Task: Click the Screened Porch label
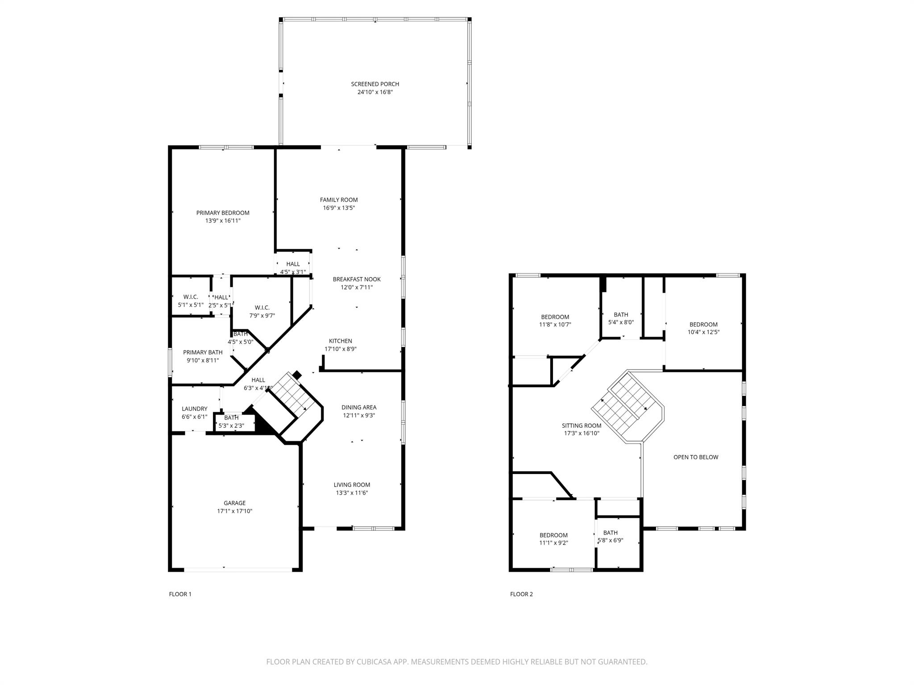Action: [375, 84]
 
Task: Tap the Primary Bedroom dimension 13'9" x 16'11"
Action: [223, 221]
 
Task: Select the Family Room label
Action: [339, 200]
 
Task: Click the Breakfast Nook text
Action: [357, 279]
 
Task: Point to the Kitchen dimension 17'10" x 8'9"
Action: [341, 349]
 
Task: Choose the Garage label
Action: [235, 503]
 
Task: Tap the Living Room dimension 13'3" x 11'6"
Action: [352, 493]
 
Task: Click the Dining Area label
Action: [359, 407]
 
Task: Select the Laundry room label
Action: [195, 409]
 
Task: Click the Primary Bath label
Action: [203, 352]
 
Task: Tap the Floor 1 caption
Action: [180, 594]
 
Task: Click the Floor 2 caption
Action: [521, 594]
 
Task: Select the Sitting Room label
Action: [582, 425]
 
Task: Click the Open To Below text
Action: [696, 457]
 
